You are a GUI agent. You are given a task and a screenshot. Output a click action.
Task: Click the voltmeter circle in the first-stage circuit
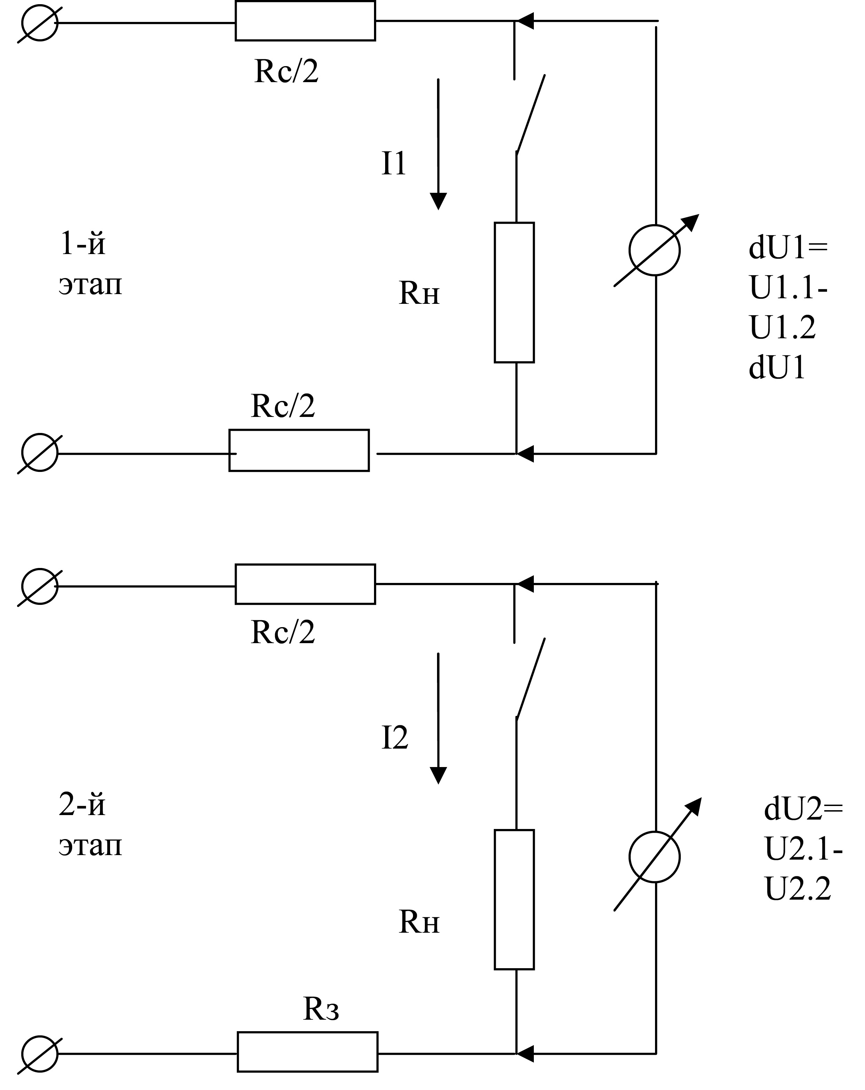point(655,250)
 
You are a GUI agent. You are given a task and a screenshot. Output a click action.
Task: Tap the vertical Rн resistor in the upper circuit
point(514,292)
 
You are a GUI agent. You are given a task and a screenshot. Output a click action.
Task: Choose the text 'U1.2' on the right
point(782,327)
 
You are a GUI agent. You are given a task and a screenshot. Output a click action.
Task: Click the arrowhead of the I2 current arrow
point(438,775)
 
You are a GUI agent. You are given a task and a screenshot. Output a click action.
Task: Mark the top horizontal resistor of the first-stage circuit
point(305,21)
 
